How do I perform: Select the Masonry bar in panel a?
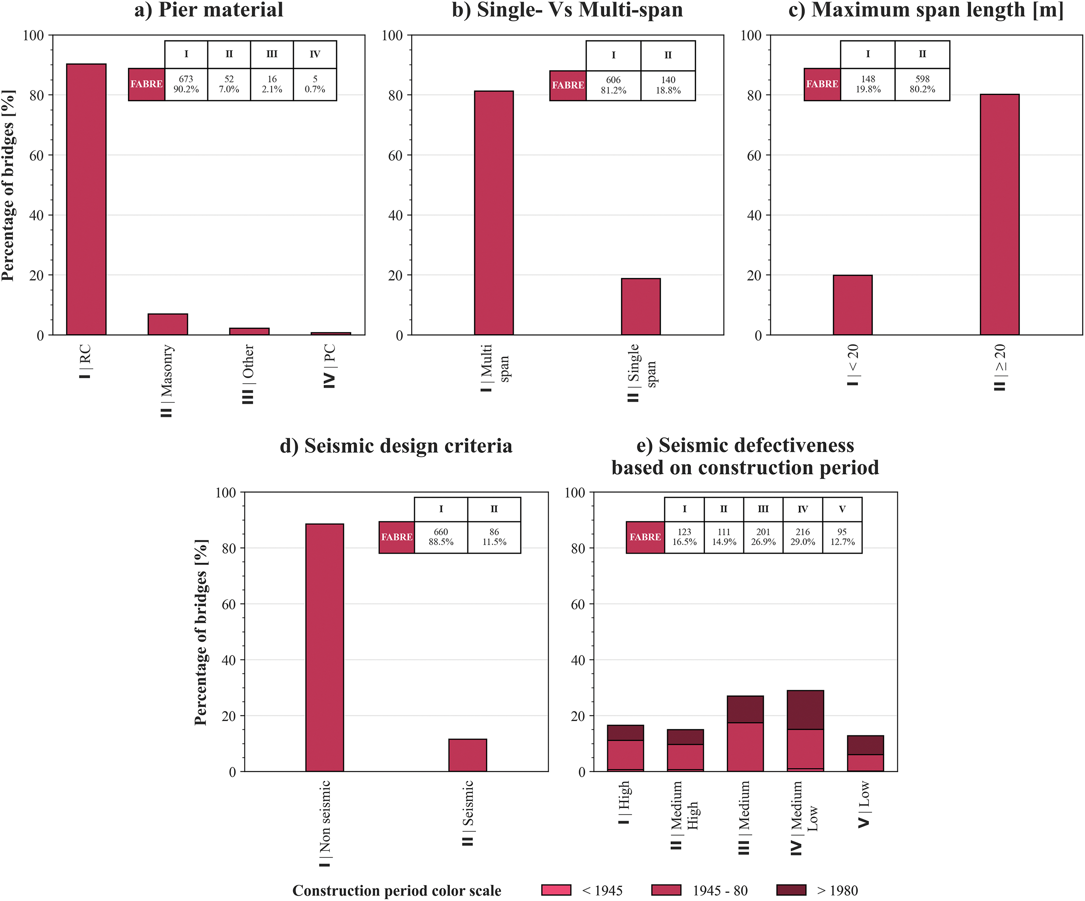tap(167, 324)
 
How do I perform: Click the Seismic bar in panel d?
tap(468, 755)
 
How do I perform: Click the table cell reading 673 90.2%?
tap(186, 84)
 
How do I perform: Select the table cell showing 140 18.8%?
tap(668, 85)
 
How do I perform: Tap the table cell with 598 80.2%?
tap(922, 84)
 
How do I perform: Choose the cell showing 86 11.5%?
tap(494, 537)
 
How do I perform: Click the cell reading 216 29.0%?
tap(803, 537)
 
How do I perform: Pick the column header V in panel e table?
tap(842, 510)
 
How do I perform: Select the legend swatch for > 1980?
tap(791, 890)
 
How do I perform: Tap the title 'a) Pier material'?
tap(209, 10)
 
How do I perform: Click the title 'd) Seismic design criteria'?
tap(396, 446)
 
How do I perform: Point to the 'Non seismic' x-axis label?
tap(325, 824)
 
